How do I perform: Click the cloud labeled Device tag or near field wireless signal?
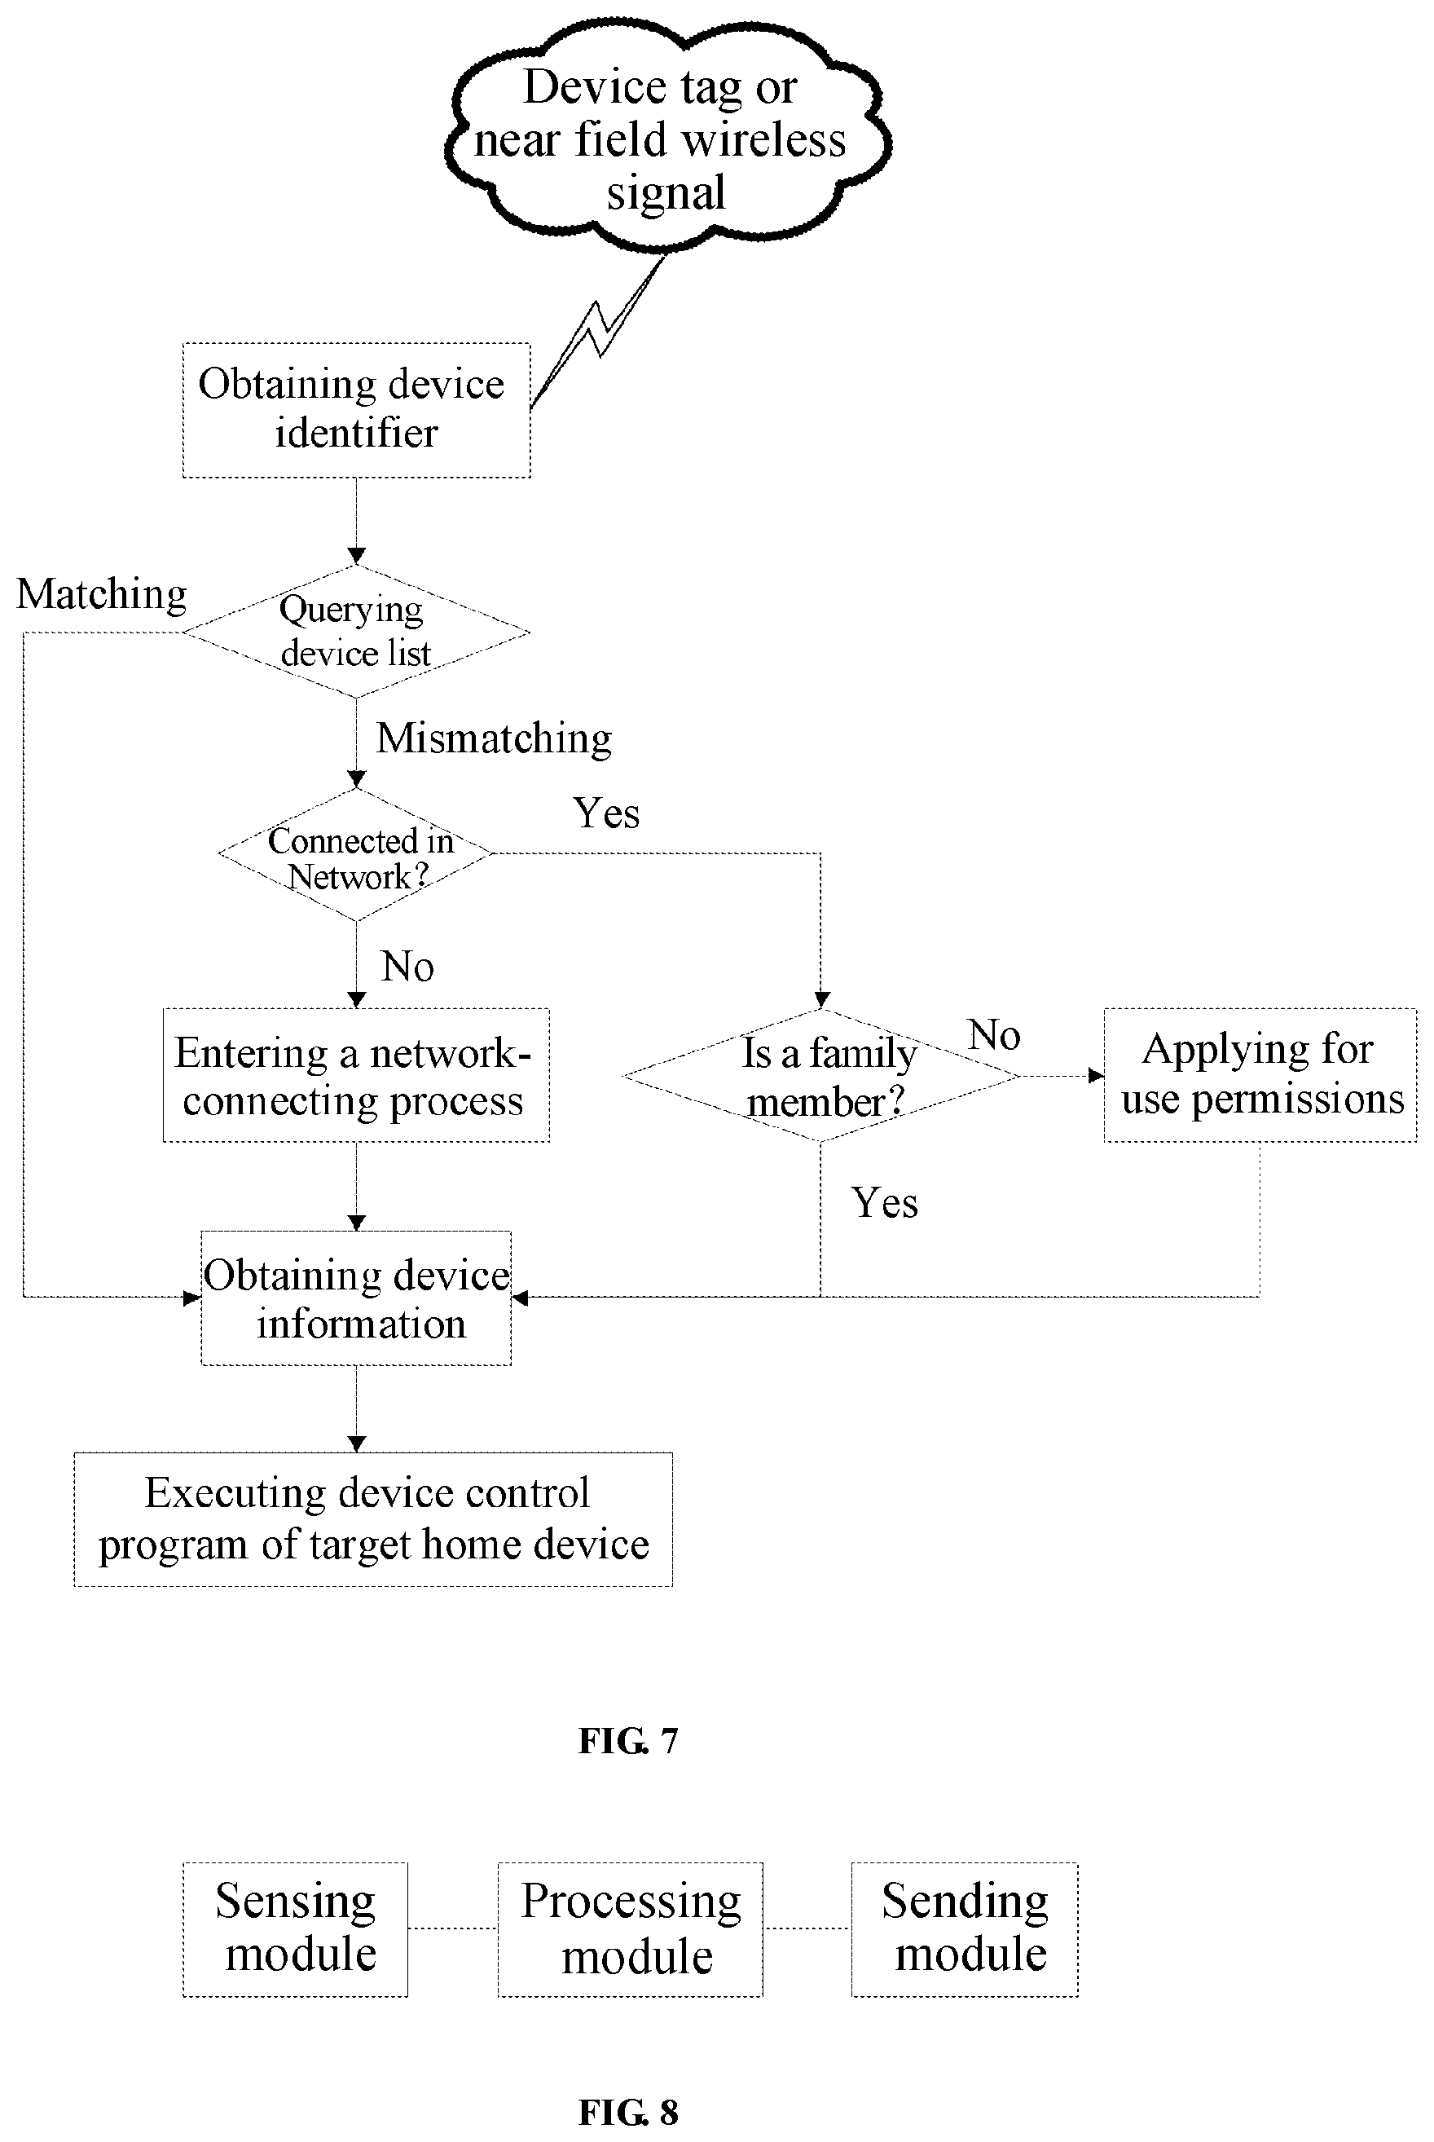tap(667, 137)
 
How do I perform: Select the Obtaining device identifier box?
tap(357, 410)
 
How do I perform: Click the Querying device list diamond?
tap(356, 631)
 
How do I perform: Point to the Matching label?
tap(102, 594)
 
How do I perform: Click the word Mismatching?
tap(494, 738)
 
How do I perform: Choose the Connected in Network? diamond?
tap(356, 854)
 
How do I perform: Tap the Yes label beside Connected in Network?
tap(606, 813)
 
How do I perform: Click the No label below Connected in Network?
tap(407, 967)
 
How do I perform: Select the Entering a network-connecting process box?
tap(356, 1076)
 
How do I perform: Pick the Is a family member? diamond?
tap(821, 1076)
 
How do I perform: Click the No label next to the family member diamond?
tap(994, 1035)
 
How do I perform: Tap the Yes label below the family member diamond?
tap(884, 1203)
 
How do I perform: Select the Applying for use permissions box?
tap(1260, 1076)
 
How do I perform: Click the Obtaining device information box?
tap(356, 1298)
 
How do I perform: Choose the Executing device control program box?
tap(373, 1520)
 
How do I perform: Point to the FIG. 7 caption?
tap(628, 1740)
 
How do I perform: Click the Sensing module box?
tap(296, 1930)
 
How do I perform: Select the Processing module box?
tap(630, 1930)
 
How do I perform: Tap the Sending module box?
tap(965, 1930)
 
